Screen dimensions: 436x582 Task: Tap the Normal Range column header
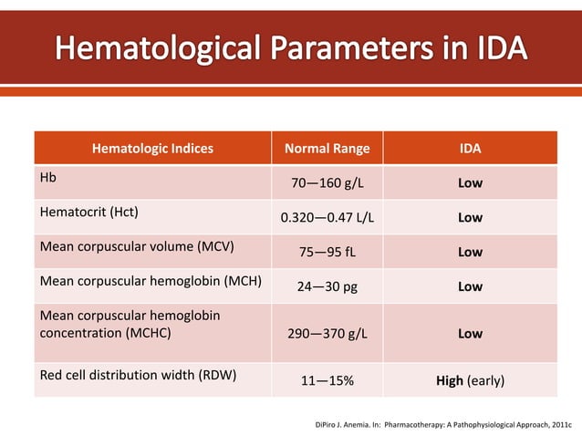pos(327,149)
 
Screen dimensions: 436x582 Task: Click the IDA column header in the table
pos(470,149)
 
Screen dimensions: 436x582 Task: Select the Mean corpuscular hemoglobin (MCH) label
pos(149,281)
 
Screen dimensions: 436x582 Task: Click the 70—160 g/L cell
pos(327,183)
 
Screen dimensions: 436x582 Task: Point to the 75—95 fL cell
pos(327,253)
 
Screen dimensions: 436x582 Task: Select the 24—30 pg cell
pos(327,286)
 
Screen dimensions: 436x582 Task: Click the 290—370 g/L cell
pos(327,333)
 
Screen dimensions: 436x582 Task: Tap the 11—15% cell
pos(327,379)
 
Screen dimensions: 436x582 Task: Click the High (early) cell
pos(470,379)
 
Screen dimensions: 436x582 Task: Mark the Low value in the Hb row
pos(470,183)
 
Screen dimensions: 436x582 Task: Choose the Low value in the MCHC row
pos(470,333)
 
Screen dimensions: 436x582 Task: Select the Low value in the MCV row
pos(470,253)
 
